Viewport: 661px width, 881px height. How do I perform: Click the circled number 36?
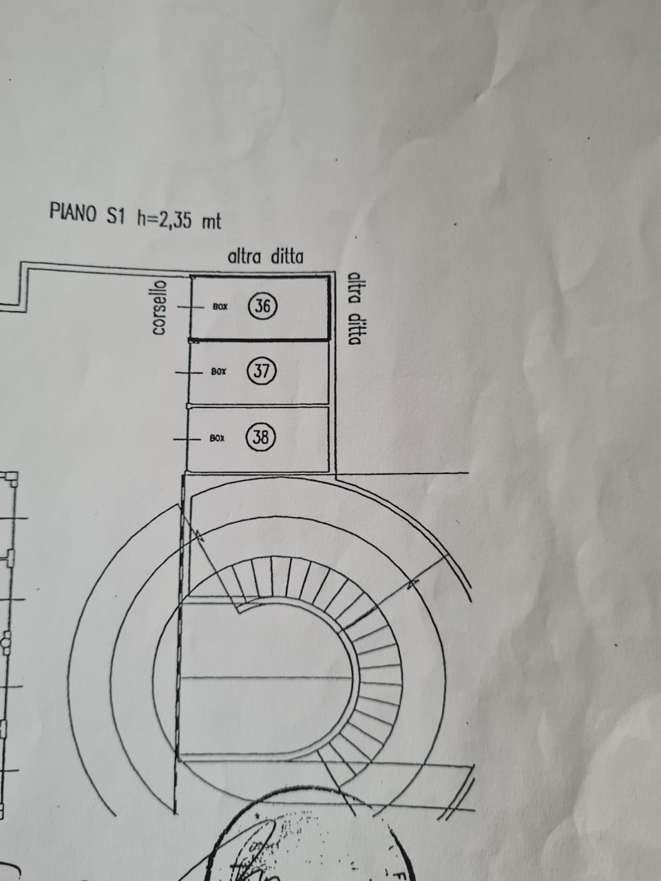coord(262,306)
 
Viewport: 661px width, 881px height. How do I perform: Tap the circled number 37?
coord(262,371)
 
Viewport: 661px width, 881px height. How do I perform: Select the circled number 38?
coord(262,437)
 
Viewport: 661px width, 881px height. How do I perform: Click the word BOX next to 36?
coord(220,307)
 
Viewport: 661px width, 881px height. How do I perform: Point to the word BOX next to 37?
coord(218,372)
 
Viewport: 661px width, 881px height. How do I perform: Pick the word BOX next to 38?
coord(218,438)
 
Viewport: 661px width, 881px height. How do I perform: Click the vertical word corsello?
coord(159,307)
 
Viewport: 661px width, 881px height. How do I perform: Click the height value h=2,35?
coord(164,217)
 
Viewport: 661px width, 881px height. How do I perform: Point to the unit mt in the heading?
coord(211,221)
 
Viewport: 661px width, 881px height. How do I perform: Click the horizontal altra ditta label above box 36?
coord(266,257)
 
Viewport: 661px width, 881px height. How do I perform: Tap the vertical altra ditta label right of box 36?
coord(355,308)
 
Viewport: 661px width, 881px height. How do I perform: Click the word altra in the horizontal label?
coord(244,257)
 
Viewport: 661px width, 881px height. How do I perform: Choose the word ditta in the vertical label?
coord(355,330)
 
